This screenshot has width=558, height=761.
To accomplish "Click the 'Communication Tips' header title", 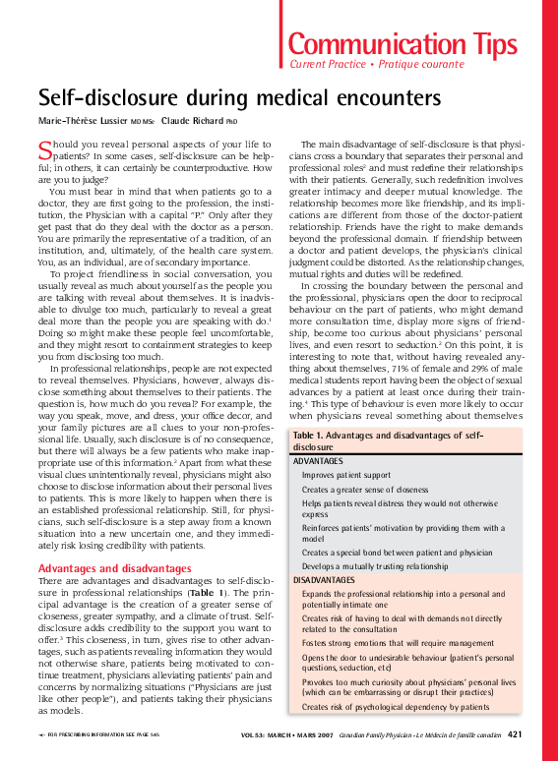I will (x=402, y=43).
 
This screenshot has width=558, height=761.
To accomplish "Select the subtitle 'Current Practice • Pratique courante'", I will (x=376, y=64).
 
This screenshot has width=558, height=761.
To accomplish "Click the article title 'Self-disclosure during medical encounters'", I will (x=239, y=98).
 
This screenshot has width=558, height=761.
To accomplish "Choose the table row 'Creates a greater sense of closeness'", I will (x=365, y=489).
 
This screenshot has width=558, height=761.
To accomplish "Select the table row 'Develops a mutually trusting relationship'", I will (x=374, y=566).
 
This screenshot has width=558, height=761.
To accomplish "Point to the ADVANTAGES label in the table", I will (x=319, y=460).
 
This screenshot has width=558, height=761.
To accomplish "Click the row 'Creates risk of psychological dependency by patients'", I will (x=396, y=706).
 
